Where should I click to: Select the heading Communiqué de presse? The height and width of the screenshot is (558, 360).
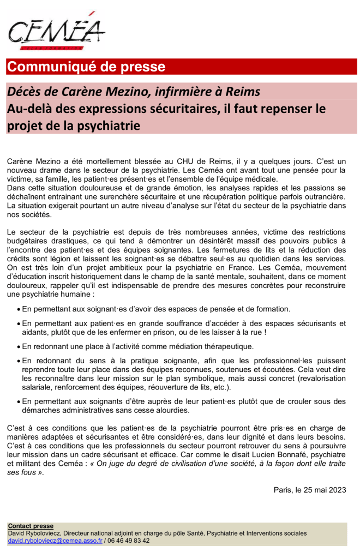[x=86, y=67]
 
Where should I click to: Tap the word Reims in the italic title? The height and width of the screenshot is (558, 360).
[x=243, y=91]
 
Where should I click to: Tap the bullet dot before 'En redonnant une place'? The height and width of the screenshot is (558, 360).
[x=17, y=346]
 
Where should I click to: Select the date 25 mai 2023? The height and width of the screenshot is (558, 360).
[x=324, y=490]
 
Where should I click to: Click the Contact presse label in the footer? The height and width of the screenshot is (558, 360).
[x=31, y=526]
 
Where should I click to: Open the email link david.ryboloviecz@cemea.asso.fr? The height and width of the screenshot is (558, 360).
[x=55, y=541]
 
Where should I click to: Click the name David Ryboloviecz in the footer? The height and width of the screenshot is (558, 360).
[x=34, y=533]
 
